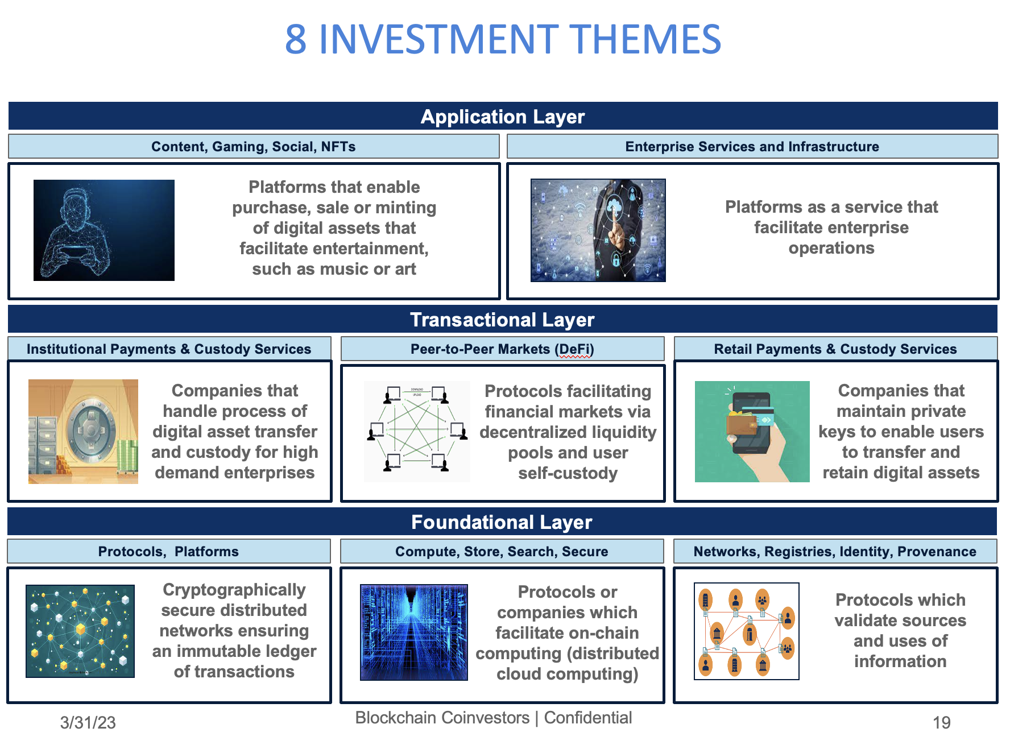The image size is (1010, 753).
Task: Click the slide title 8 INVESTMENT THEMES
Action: click(x=503, y=40)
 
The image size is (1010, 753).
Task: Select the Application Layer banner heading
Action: click(x=503, y=117)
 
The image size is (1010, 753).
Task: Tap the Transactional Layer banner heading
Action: click(x=503, y=320)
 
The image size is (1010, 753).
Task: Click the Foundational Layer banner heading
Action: click(x=503, y=522)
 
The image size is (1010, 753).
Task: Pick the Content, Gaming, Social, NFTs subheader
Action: click(x=254, y=147)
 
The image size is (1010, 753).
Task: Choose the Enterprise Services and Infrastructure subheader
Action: click(x=752, y=147)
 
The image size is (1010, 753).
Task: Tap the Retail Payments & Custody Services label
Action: click(x=835, y=349)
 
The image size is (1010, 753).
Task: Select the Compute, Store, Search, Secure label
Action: click(x=502, y=552)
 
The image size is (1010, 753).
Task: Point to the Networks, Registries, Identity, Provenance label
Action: click(x=835, y=552)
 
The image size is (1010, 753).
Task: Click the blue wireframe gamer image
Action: click(x=104, y=230)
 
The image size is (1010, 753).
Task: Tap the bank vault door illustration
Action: click(x=84, y=431)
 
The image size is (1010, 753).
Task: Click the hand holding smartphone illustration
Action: click(x=752, y=432)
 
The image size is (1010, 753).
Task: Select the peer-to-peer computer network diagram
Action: click(x=417, y=432)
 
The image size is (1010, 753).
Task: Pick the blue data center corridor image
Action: click(x=414, y=632)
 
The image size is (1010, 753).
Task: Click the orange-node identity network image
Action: click(x=746, y=631)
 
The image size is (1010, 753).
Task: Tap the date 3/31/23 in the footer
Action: click(x=88, y=723)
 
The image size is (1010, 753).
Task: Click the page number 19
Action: click(x=941, y=723)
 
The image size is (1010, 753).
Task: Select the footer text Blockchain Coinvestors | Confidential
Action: click(x=494, y=718)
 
